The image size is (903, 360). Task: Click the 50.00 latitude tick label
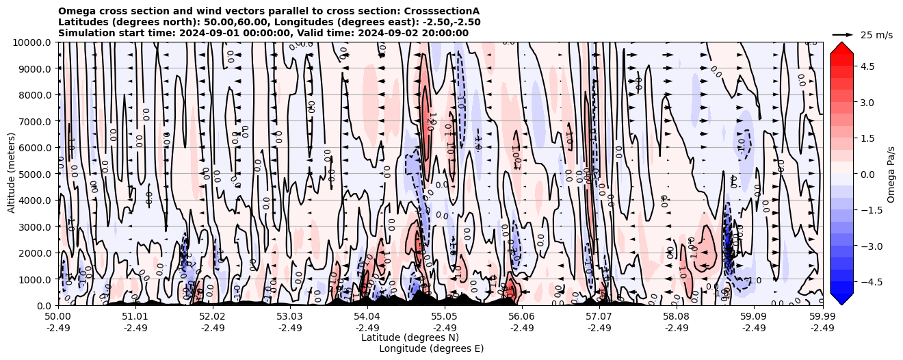click(x=58, y=317)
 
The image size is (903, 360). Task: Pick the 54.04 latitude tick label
click(x=367, y=317)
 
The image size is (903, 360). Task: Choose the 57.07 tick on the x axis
click(x=599, y=317)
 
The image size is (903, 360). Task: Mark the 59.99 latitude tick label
click(x=822, y=317)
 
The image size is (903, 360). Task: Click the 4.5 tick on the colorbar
click(x=868, y=66)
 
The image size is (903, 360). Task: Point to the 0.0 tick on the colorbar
click(x=868, y=174)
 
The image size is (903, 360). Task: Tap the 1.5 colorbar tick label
click(x=868, y=138)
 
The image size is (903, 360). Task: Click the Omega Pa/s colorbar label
click(x=891, y=174)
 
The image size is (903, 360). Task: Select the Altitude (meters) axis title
click(x=12, y=174)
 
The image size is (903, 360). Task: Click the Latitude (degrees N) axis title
click(x=410, y=337)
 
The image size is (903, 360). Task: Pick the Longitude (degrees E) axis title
click(x=431, y=348)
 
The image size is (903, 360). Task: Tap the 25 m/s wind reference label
click(x=876, y=35)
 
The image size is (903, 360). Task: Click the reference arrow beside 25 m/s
click(x=843, y=34)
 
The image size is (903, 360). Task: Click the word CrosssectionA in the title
click(x=441, y=11)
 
